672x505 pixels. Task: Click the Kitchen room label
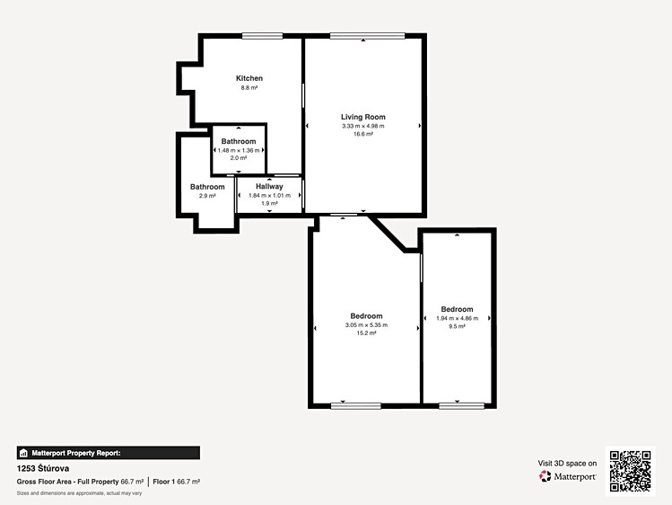[249, 78]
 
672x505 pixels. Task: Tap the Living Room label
[363, 117]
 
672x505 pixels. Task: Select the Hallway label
[269, 186]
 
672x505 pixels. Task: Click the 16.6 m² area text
[363, 134]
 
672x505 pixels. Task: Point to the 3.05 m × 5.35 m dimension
[366, 325]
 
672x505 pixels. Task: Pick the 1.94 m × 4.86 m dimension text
[457, 318]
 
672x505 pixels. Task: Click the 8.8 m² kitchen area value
[249, 87]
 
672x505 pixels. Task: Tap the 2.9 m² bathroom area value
[207, 196]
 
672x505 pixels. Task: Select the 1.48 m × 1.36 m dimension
[239, 150]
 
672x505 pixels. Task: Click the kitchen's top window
[262, 36]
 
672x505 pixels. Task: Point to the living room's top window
[367, 36]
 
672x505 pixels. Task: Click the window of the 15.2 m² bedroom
[355, 406]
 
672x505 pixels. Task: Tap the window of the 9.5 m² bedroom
[461, 406]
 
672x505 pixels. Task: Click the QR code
[631, 471]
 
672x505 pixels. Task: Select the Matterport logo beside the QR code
[567, 476]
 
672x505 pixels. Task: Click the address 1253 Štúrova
[43, 468]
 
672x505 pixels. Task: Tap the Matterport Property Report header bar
[109, 453]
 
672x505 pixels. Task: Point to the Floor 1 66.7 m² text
[177, 482]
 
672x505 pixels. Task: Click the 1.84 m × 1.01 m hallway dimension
[269, 195]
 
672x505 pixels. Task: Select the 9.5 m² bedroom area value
[457, 326]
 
